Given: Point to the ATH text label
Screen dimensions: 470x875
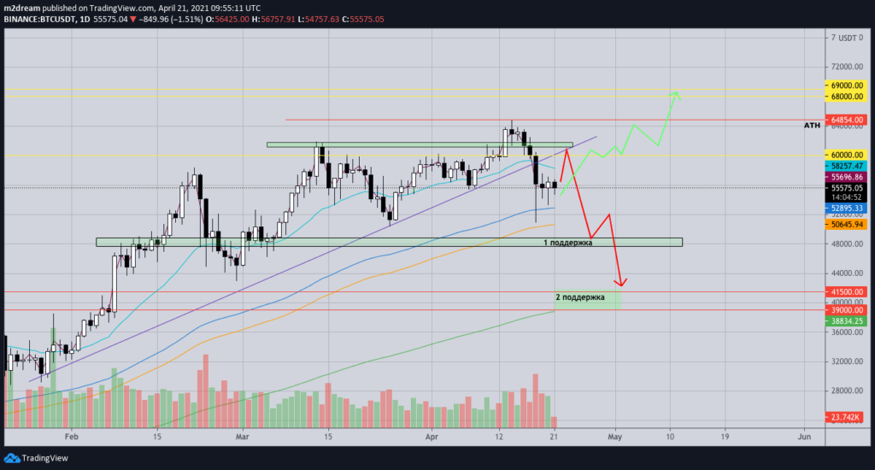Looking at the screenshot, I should tap(813, 126).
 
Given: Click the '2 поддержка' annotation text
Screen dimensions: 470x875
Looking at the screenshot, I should tap(579, 297).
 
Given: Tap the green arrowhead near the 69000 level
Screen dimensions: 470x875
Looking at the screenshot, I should tap(675, 93).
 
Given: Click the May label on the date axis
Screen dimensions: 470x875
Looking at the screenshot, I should tap(615, 437).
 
